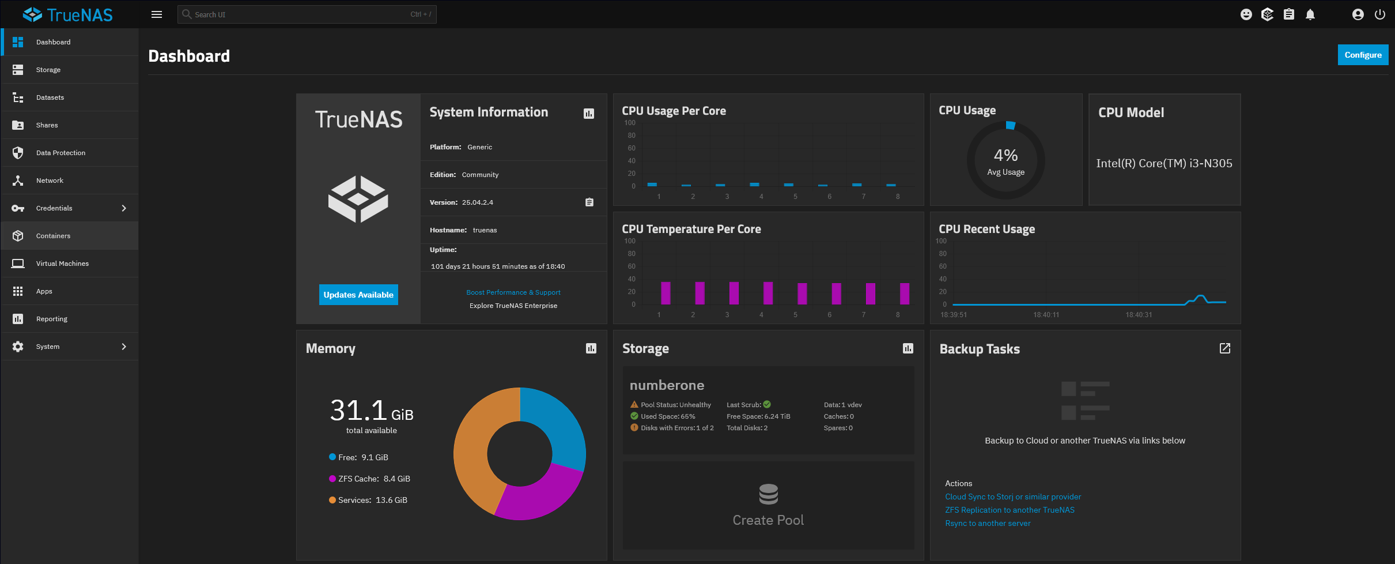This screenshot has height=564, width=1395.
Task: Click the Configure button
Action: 1362,55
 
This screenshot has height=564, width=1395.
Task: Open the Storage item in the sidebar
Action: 48,70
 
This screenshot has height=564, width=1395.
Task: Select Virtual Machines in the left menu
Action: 62,264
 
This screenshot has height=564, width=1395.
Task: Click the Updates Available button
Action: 358,295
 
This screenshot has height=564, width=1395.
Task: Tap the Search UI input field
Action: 300,14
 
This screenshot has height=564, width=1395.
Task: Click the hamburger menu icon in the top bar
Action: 157,14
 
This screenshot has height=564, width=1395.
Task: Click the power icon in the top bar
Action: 1379,14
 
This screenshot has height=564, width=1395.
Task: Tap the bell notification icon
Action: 1310,14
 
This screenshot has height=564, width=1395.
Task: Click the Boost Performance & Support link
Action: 513,292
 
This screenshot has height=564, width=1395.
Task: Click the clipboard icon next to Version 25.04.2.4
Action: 589,202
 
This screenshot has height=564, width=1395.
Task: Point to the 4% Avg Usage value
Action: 1005,156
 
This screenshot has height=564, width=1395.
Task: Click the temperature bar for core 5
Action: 802,294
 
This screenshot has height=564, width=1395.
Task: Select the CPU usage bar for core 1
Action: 652,184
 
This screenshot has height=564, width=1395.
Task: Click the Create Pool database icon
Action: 768,494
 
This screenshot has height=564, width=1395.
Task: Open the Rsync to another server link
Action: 987,523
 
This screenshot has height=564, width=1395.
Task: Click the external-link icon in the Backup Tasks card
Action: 1224,348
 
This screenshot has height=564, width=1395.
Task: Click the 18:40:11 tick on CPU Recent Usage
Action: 1046,315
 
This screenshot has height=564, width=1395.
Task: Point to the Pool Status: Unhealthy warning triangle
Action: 634,405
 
